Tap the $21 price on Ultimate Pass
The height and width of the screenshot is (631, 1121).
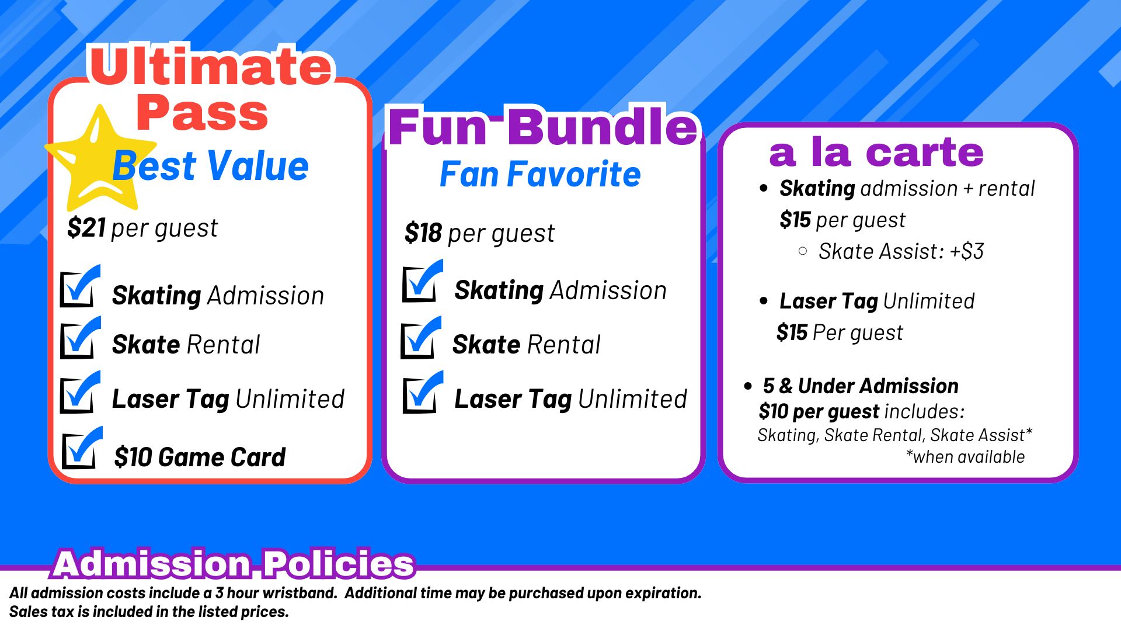pos(86,227)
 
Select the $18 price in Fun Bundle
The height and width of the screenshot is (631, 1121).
pos(423,233)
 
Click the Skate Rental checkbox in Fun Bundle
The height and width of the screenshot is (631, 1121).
pos(421,338)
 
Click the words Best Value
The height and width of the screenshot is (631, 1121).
pos(210,166)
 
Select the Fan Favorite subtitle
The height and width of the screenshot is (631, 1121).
pos(540,174)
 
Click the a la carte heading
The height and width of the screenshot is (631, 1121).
pos(876,152)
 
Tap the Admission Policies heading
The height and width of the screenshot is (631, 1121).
pos(234,563)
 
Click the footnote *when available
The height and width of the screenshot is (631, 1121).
pos(965,456)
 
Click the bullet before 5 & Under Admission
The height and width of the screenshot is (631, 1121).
pos(748,386)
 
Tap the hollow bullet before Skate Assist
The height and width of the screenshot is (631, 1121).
pos(803,251)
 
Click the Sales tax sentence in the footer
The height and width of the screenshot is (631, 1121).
pos(149,612)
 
